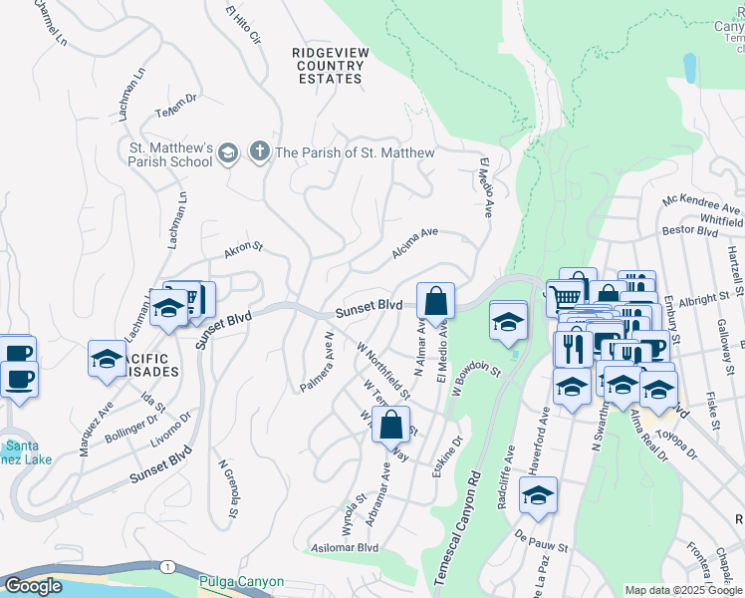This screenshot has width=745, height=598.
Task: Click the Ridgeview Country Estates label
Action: [x=328, y=65]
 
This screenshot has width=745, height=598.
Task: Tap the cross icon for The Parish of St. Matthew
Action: [x=259, y=151]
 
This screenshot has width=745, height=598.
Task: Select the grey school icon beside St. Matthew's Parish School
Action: [x=228, y=151]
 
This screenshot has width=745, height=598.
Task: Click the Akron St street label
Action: [x=243, y=250]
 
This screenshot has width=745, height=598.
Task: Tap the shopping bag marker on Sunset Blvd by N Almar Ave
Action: [x=435, y=301]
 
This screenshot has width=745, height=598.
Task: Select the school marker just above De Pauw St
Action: [x=538, y=495]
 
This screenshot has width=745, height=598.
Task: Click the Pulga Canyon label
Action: [x=241, y=581]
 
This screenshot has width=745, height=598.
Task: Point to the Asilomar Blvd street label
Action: [x=346, y=547]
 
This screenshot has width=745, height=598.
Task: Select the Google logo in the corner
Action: [x=33, y=586]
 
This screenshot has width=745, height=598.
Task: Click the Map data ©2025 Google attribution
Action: [x=683, y=590]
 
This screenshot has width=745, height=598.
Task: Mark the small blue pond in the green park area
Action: [x=689, y=68]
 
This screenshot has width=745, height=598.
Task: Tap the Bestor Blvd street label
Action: [x=690, y=231]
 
